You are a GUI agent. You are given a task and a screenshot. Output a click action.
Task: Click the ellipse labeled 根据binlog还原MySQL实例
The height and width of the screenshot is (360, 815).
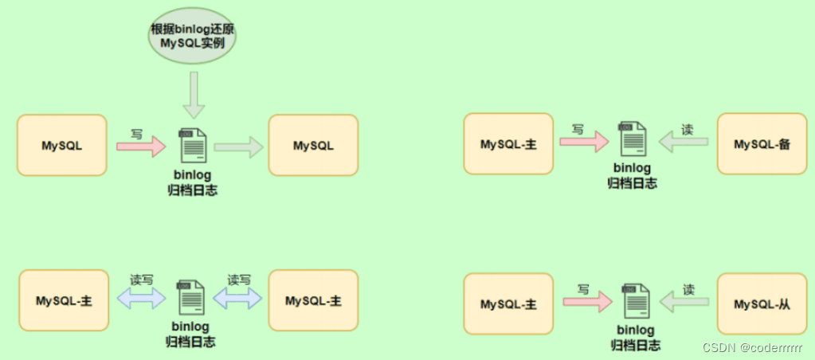(x=192, y=37)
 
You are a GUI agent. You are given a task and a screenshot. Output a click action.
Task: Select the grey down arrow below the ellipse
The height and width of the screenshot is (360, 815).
(x=194, y=95)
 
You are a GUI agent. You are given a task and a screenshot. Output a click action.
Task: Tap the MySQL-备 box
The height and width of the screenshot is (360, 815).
(x=762, y=144)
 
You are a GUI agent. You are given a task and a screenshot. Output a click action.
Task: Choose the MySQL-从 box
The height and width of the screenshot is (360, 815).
(x=762, y=304)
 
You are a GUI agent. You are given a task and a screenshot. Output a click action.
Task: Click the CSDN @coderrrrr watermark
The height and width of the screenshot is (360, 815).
(x=752, y=347)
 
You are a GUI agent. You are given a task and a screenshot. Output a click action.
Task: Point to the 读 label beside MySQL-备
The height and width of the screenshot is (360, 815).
(x=688, y=129)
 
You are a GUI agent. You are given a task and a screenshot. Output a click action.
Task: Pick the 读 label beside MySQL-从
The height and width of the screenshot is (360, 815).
(x=688, y=289)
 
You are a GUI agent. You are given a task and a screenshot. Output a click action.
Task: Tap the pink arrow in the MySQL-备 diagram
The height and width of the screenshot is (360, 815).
(x=584, y=142)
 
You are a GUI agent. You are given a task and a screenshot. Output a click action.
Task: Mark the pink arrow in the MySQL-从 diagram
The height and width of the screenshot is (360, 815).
(x=588, y=302)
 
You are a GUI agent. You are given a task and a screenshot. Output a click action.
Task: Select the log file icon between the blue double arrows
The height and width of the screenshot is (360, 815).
(x=190, y=297)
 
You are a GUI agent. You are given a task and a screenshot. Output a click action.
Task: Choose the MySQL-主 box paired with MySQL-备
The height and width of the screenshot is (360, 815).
(x=508, y=144)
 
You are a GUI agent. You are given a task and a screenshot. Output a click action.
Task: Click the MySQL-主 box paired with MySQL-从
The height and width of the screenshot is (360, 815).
(x=508, y=304)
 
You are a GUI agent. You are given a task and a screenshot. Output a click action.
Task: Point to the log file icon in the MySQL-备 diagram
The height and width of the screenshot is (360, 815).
(x=632, y=138)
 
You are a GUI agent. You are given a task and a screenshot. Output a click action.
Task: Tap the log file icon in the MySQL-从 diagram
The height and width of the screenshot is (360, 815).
(x=635, y=299)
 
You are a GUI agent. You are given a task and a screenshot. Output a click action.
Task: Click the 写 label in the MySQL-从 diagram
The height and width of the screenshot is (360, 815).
(x=582, y=289)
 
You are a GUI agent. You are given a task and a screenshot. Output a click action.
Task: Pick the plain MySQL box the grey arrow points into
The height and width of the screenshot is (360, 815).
(x=313, y=146)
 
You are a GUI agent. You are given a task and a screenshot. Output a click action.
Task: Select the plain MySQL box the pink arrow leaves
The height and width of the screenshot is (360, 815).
(x=62, y=146)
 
